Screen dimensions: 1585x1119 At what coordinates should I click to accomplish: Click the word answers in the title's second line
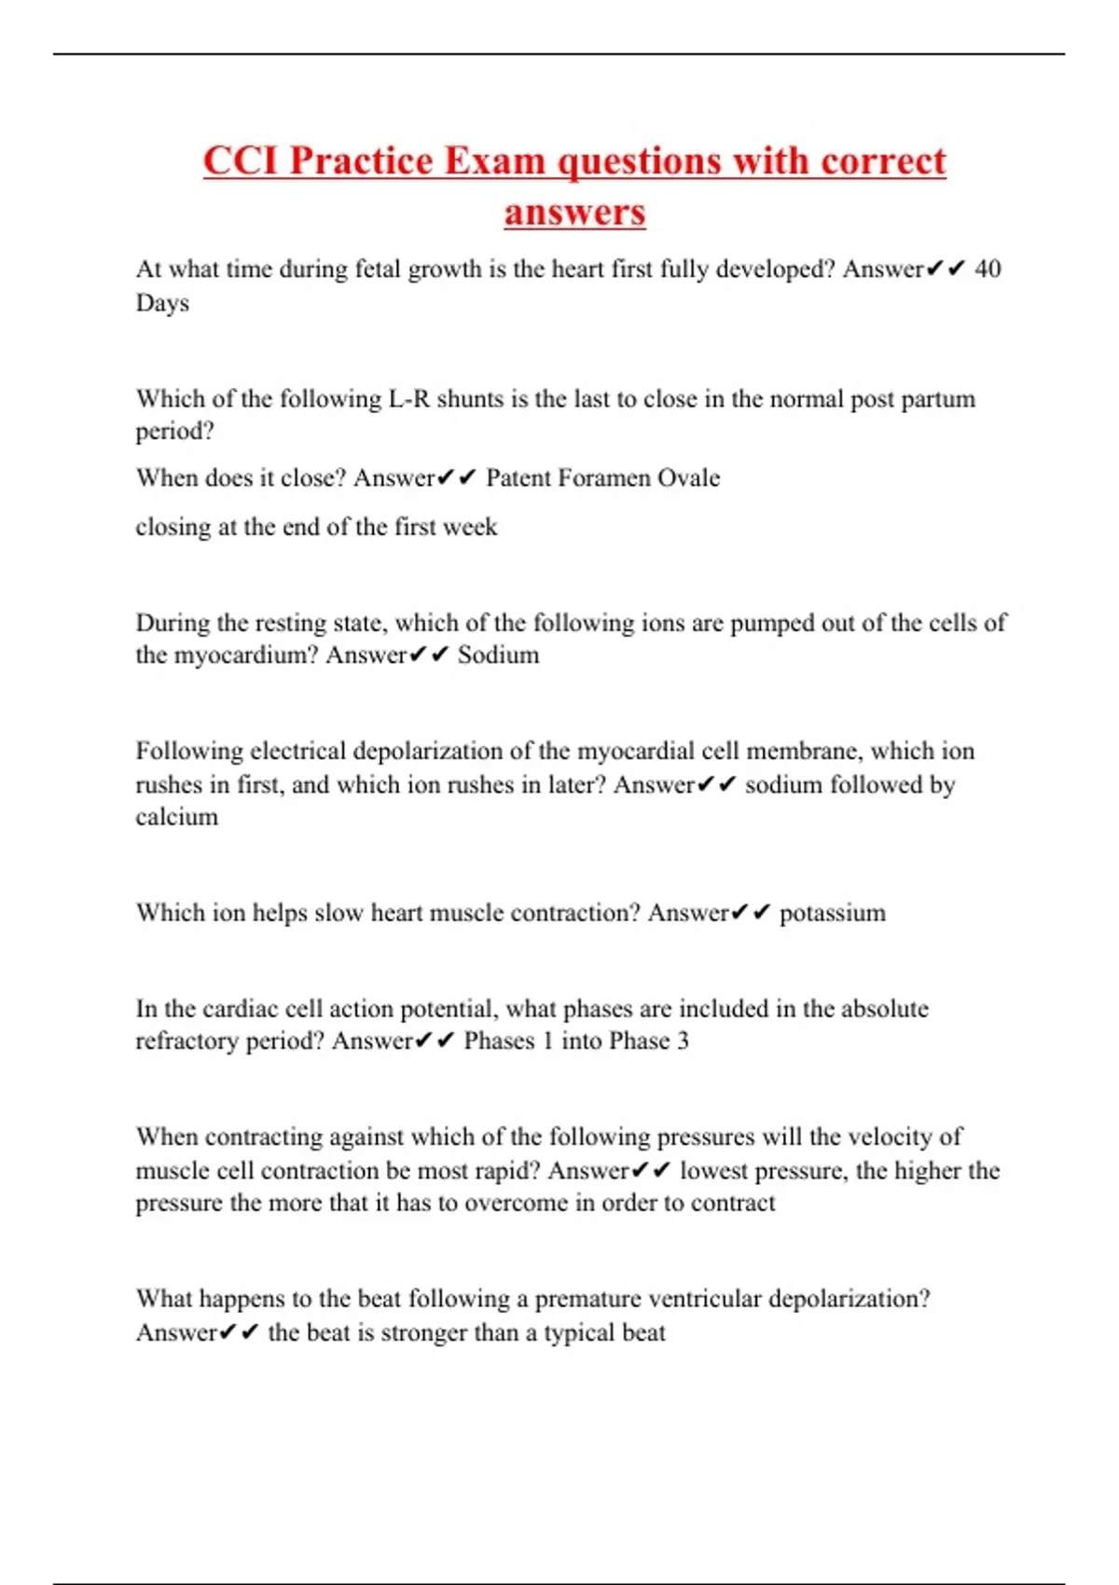(x=574, y=212)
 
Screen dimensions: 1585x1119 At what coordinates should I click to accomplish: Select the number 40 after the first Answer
(x=988, y=269)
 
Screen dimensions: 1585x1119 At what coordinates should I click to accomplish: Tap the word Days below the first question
(x=162, y=303)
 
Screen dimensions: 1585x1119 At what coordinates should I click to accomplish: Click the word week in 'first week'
(x=470, y=527)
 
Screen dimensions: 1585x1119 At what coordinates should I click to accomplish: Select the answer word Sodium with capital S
(x=498, y=655)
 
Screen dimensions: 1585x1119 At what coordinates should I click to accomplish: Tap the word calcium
(x=177, y=817)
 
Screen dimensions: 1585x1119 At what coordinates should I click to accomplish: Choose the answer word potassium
(x=833, y=913)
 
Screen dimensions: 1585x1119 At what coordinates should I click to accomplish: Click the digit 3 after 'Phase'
(x=683, y=1041)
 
